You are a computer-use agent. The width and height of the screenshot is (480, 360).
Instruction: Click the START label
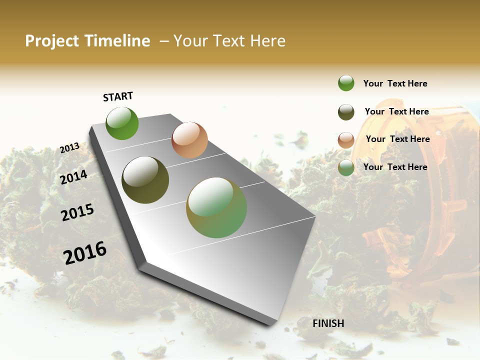pos(118,96)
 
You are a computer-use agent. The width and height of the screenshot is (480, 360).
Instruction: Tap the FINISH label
pos(328,323)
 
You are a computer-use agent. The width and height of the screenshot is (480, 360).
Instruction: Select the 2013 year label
pos(70,147)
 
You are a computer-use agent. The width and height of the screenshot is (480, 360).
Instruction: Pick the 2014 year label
pos(74,177)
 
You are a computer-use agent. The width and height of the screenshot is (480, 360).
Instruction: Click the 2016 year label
pos(85,252)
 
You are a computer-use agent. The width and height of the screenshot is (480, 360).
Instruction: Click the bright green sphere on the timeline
pos(122,123)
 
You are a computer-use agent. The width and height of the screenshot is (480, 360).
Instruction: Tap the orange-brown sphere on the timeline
pos(189,140)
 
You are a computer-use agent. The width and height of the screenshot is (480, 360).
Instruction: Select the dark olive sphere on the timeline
pos(145,180)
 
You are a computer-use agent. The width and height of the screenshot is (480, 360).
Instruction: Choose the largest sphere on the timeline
pos(216,207)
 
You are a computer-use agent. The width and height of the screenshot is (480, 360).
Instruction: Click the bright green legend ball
pos(346,83)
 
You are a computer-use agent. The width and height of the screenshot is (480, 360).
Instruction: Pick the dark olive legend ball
pos(346,112)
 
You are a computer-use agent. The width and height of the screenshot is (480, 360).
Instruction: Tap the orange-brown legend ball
pos(346,139)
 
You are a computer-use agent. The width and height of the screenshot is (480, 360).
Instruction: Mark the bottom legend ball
pos(346,167)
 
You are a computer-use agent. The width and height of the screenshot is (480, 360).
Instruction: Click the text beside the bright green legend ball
pos(395,83)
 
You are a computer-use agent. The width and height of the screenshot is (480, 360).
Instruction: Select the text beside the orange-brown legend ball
pos(397,139)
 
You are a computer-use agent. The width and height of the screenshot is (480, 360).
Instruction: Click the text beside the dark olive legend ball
pos(396,111)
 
